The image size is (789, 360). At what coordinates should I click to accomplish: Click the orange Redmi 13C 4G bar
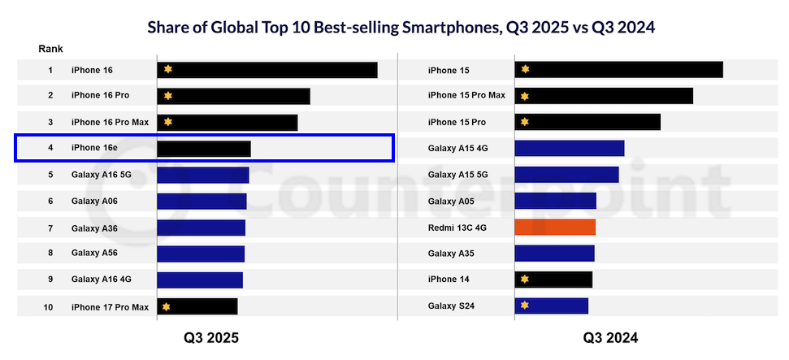pos(555,227)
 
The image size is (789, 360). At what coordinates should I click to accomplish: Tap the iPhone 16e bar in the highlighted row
pos(203,148)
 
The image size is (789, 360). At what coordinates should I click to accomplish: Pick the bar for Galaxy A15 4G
pos(569,148)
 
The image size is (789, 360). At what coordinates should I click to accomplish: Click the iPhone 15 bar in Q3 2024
pos(618,70)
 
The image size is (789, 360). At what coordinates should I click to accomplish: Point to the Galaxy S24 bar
pos(551,306)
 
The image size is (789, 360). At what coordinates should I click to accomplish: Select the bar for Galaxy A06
pos(202,201)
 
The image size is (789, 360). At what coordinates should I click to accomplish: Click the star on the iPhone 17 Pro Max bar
pos(167,306)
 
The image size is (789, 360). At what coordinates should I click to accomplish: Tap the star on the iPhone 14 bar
pos(524,280)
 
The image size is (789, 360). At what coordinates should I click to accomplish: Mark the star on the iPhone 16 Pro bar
pos(167,96)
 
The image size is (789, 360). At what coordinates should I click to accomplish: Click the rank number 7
pos(50,228)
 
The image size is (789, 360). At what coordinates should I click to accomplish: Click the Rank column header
pos(50,49)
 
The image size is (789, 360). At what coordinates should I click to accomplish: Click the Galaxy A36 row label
pos(94,228)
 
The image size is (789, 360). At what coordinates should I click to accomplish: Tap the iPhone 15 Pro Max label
pos(466,95)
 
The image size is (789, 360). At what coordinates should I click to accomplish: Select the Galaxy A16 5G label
pos(101,175)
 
